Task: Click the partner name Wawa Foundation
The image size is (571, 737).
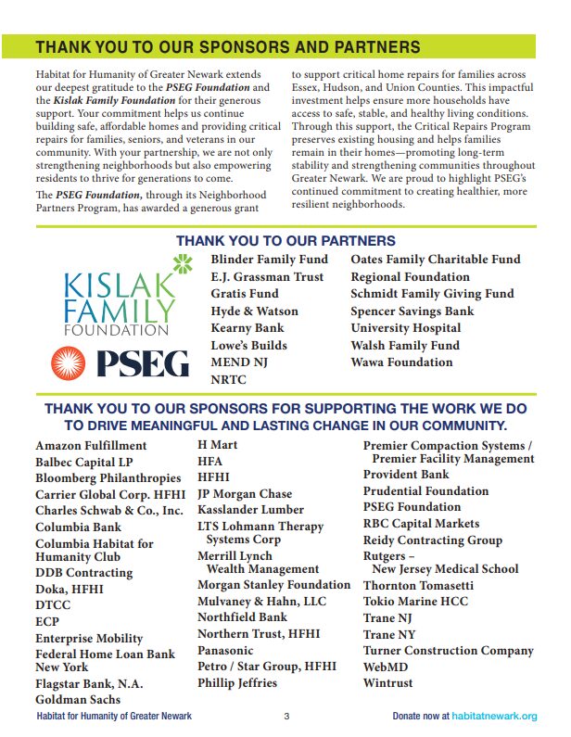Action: [x=401, y=362]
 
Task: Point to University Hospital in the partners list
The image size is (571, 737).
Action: [x=405, y=328]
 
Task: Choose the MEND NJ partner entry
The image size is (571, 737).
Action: [x=238, y=362]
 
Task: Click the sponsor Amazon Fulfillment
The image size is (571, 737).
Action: [x=91, y=446]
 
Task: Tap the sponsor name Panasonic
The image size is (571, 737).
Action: [x=225, y=650]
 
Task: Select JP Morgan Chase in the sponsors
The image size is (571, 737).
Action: [x=245, y=494]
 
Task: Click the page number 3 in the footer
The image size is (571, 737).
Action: [x=286, y=717]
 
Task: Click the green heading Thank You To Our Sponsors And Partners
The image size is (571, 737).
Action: [x=227, y=47]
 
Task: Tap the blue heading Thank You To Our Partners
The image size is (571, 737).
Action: [x=285, y=241]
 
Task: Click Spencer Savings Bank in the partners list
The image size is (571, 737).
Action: [x=412, y=311]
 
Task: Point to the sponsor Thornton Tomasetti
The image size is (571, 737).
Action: [x=418, y=586]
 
